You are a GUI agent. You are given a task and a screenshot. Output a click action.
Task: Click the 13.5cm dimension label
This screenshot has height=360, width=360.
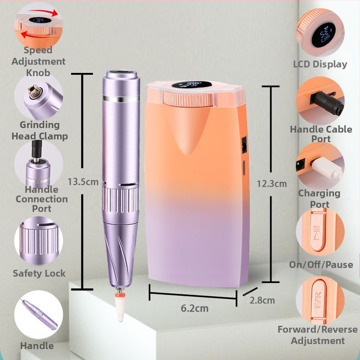coord(83,182)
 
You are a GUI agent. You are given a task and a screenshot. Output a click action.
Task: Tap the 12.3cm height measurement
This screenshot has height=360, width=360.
coord(272,184)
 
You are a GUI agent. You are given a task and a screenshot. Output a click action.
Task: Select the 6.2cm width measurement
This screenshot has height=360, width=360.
coord(195,308)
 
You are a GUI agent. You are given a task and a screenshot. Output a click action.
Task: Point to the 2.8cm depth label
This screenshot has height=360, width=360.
coord(262,300)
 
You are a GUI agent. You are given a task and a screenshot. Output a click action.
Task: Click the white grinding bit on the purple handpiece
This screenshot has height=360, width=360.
coord(120,308)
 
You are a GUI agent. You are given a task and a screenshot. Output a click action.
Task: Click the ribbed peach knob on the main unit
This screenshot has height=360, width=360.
coord(188,99)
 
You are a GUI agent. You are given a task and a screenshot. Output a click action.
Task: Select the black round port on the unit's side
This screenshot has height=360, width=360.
coord(244,145)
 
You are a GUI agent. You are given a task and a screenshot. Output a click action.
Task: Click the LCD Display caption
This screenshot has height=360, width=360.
coord(320,64)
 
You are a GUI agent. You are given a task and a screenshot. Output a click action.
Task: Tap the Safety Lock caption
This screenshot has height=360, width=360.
coord(39,273)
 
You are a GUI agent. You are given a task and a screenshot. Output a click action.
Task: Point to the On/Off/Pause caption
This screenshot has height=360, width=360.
coord(321,265)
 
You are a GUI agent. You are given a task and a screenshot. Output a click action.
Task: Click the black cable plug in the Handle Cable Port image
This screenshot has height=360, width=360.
coord(327,103)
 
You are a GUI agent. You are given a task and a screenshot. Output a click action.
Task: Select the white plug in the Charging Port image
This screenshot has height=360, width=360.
coord(327,169)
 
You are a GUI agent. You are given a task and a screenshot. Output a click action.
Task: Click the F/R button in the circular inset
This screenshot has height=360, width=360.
coord(319,299)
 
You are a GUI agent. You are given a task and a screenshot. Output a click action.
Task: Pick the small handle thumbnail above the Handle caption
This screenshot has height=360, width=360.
coord(39,314)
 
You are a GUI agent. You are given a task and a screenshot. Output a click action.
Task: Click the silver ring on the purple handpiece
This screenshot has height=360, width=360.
coord(121,99)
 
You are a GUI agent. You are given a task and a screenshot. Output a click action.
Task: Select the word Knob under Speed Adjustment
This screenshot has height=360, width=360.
coord(38,73)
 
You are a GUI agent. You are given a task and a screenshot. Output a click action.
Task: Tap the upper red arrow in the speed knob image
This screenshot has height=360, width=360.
coord(44,12)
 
